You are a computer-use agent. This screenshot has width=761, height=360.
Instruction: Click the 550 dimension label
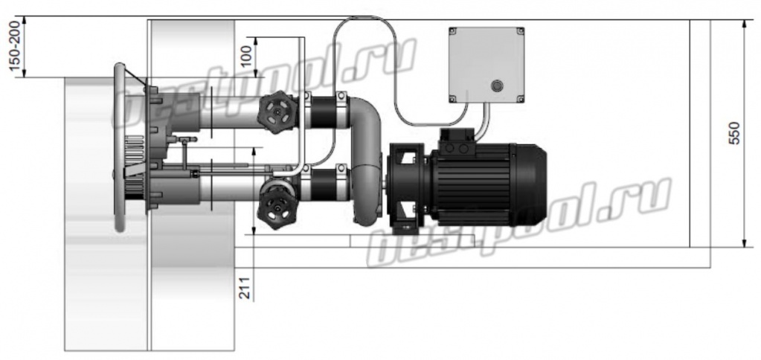735,132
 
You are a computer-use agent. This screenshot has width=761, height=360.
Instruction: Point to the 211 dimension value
247,288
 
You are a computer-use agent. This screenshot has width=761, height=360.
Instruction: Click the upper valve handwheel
277,112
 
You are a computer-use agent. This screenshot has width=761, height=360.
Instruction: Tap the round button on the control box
496,86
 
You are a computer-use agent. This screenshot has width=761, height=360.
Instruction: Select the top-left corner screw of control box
452,31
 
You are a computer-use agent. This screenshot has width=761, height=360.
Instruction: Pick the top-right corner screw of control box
520,31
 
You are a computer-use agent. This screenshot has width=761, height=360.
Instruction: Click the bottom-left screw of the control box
452,99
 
